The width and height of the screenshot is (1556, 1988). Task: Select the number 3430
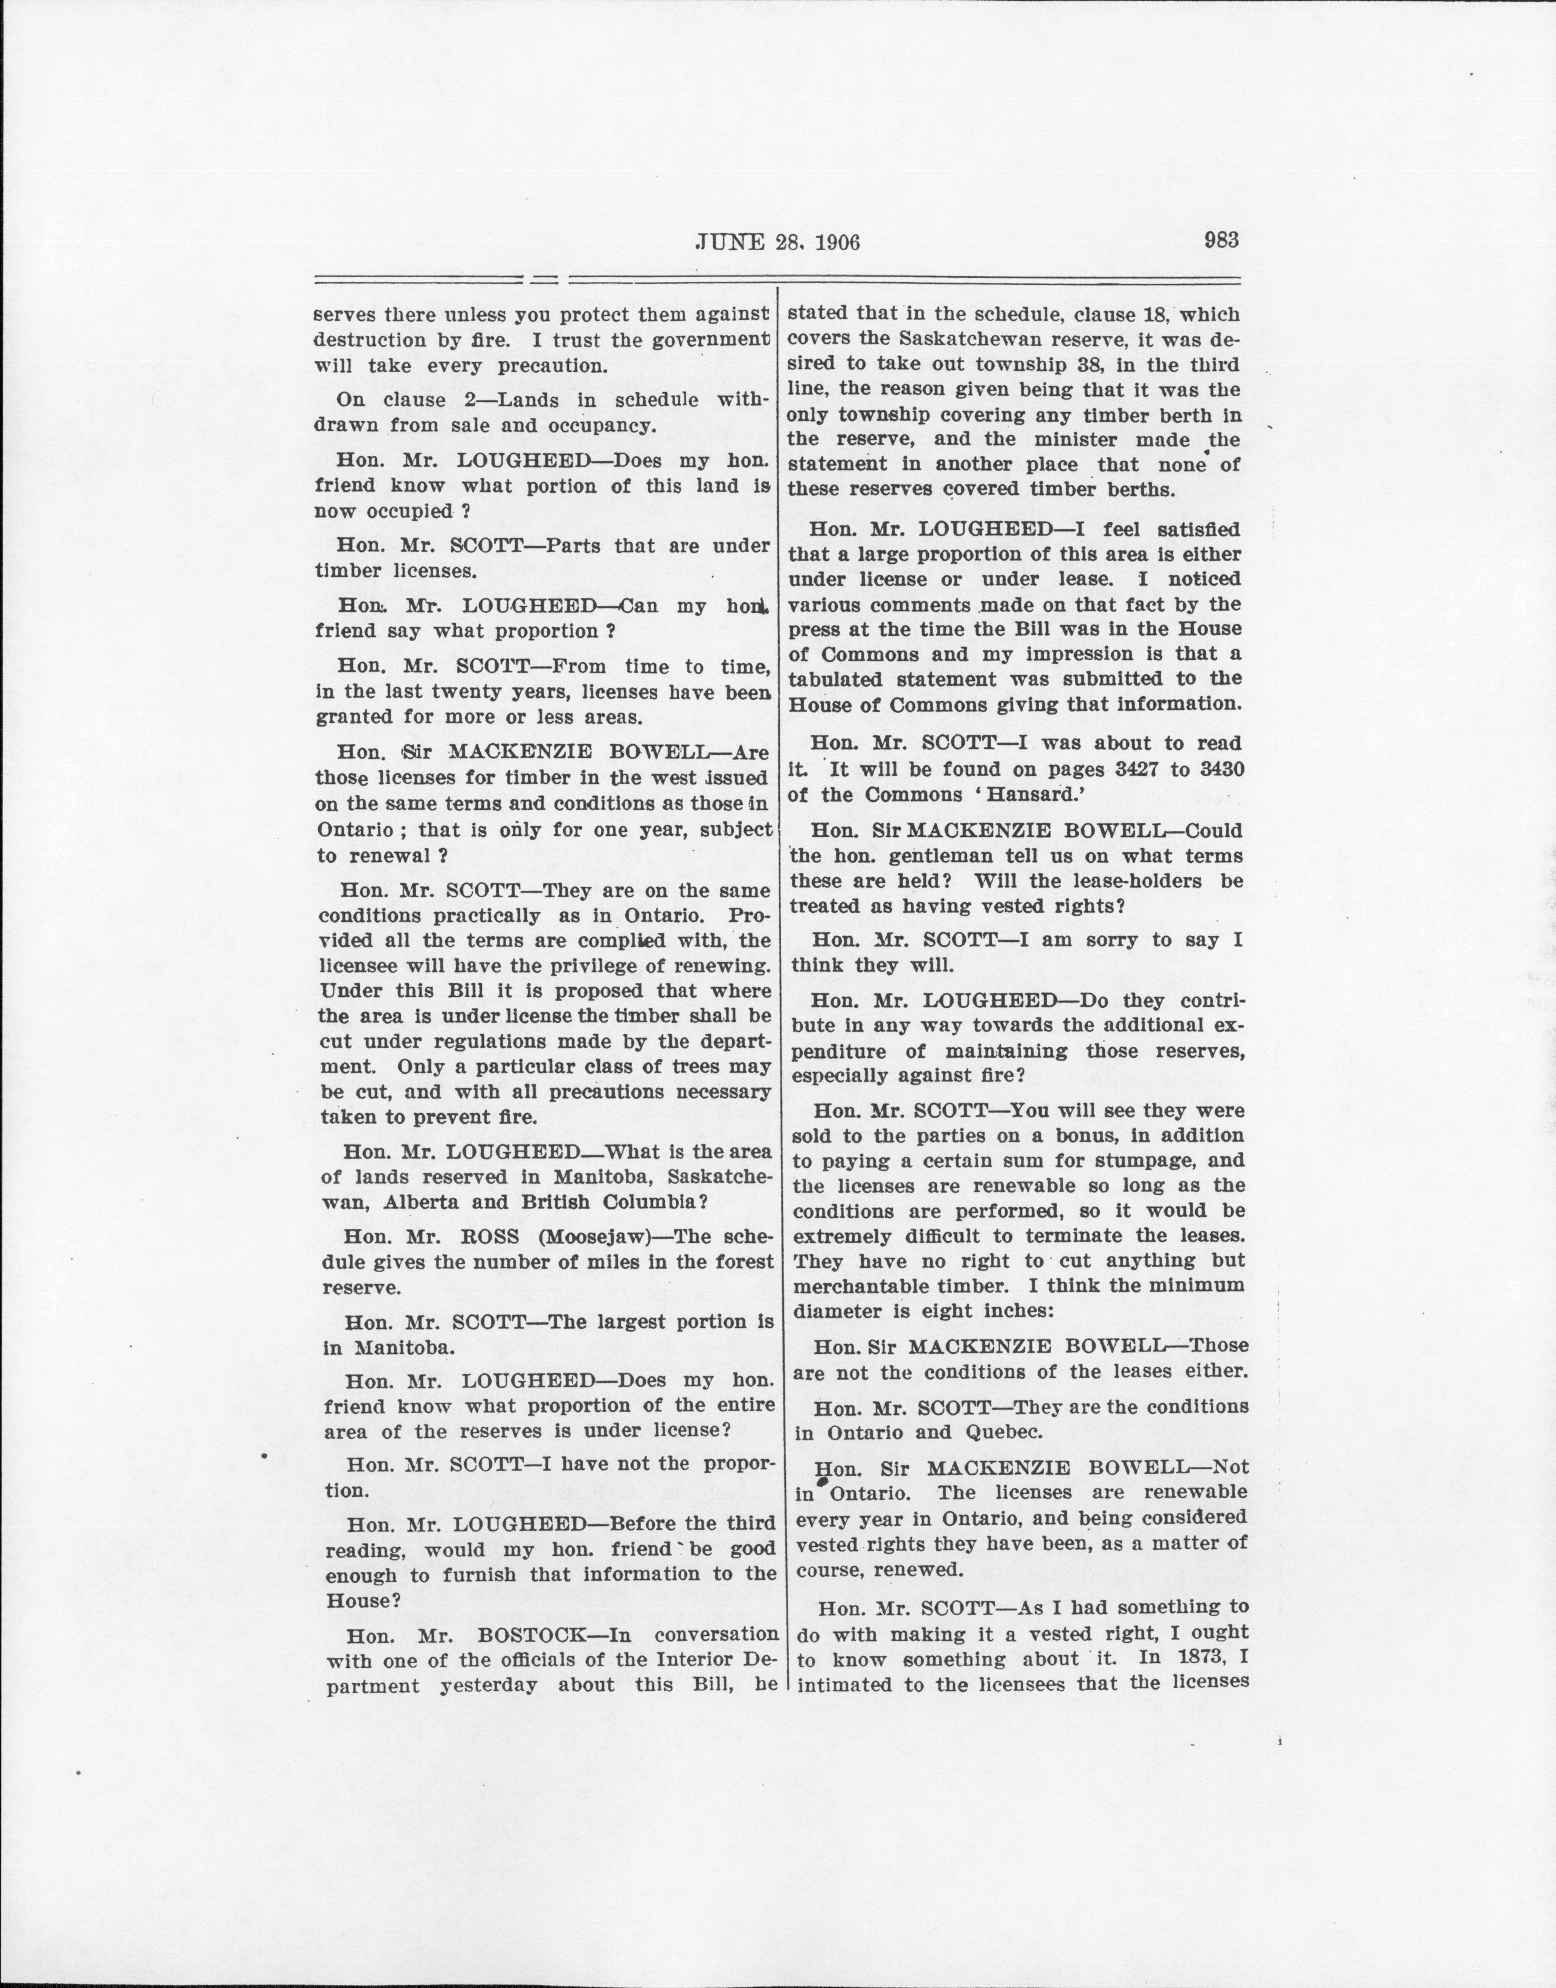pyautogui.click(x=1221, y=769)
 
